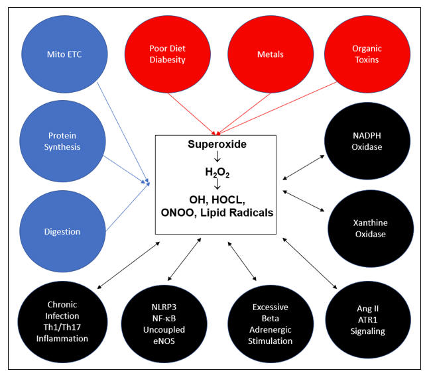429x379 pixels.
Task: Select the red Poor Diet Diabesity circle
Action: [166, 53]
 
